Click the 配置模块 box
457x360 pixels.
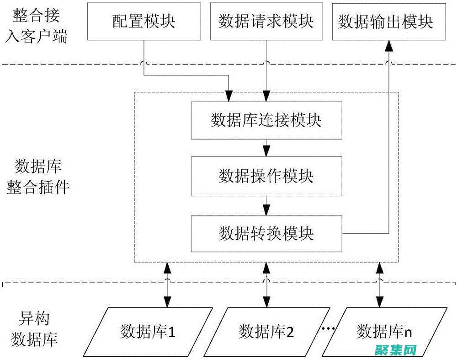coord(144,21)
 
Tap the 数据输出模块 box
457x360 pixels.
coord(386,21)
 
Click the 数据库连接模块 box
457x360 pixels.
coord(266,120)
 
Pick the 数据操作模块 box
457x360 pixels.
coord(266,177)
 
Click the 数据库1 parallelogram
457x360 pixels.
coord(148,331)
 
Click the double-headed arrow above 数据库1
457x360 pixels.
coord(168,285)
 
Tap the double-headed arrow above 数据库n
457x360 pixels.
coord(379,285)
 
